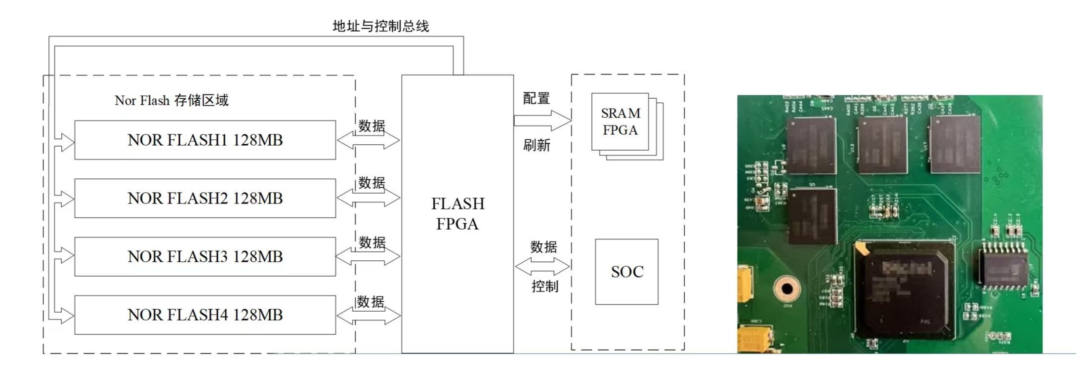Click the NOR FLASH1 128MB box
tap(205, 140)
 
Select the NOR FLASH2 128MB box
tap(205, 198)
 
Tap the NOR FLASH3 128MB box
tap(205, 256)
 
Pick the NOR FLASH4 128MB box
tap(205, 315)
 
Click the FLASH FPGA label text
tap(457, 213)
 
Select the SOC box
tap(626, 272)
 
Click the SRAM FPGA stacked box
tap(621, 122)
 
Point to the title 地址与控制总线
tap(380, 26)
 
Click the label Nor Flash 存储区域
tap(171, 100)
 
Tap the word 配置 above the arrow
tap(536, 98)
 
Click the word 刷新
tap(536, 145)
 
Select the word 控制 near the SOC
tap(544, 286)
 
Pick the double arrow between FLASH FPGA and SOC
tap(542, 267)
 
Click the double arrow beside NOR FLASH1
tap(368, 140)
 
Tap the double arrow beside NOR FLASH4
tap(369, 316)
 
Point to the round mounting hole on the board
tap(786, 289)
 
